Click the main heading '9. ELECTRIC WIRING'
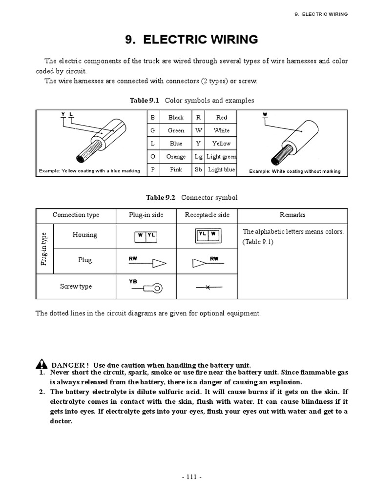pyautogui.click(x=191, y=40)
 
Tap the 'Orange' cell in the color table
pyautogui.click(x=176, y=157)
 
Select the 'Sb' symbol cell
pyautogui.click(x=198, y=170)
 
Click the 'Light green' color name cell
pyautogui.click(x=221, y=157)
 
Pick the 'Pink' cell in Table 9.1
pyautogui.click(x=176, y=170)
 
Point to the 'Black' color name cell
pyautogui.click(x=176, y=117)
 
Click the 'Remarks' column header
pyautogui.click(x=292, y=215)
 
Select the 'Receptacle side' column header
pyautogui.click(x=207, y=215)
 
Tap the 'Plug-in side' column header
pyautogui.click(x=146, y=215)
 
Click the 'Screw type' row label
pyautogui.click(x=76, y=287)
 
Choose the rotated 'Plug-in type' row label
pyautogui.click(x=44, y=249)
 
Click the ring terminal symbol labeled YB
pyautogui.click(x=146, y=288)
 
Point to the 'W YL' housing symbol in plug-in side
pyautogui.click(x=146, y=236)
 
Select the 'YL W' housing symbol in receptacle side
pyautogui.click(x=207, y=235)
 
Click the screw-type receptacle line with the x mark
pyautogui.click(x=207, y=288)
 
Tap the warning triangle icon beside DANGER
pyautogui.click(x=41, y=365)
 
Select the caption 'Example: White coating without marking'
pyautogui.click(x=295, y=171)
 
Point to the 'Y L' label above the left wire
pyautogui.click(x=66, y=114)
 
